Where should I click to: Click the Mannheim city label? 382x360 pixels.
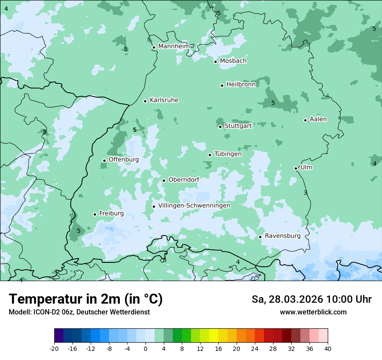click(174, 46)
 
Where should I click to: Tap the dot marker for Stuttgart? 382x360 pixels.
click(220, 127)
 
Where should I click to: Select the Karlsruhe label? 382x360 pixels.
click(164, 100)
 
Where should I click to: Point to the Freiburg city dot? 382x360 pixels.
click(95, 214)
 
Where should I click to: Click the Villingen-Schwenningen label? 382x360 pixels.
click(194, 206)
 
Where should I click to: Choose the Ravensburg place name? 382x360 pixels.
click(283, 236)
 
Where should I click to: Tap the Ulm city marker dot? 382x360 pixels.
click(296, 168)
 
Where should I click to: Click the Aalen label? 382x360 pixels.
click(318, 119)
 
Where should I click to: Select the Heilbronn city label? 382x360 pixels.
click(241, 85)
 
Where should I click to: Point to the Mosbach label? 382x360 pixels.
click(233, 61)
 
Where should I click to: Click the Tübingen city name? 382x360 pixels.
click(228, 154)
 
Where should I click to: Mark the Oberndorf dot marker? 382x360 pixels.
click(164, 180)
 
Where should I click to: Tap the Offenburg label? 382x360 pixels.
click(124, 160)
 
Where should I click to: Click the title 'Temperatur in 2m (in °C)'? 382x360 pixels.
click(86, 299)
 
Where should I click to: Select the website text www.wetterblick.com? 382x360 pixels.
click(313, 312)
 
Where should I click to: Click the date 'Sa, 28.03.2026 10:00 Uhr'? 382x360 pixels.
click(311, 300)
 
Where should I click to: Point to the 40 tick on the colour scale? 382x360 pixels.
click(327, 349)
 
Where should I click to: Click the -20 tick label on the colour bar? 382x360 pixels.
click(54, 349)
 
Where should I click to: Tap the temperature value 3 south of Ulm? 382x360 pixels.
click(305, 193)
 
